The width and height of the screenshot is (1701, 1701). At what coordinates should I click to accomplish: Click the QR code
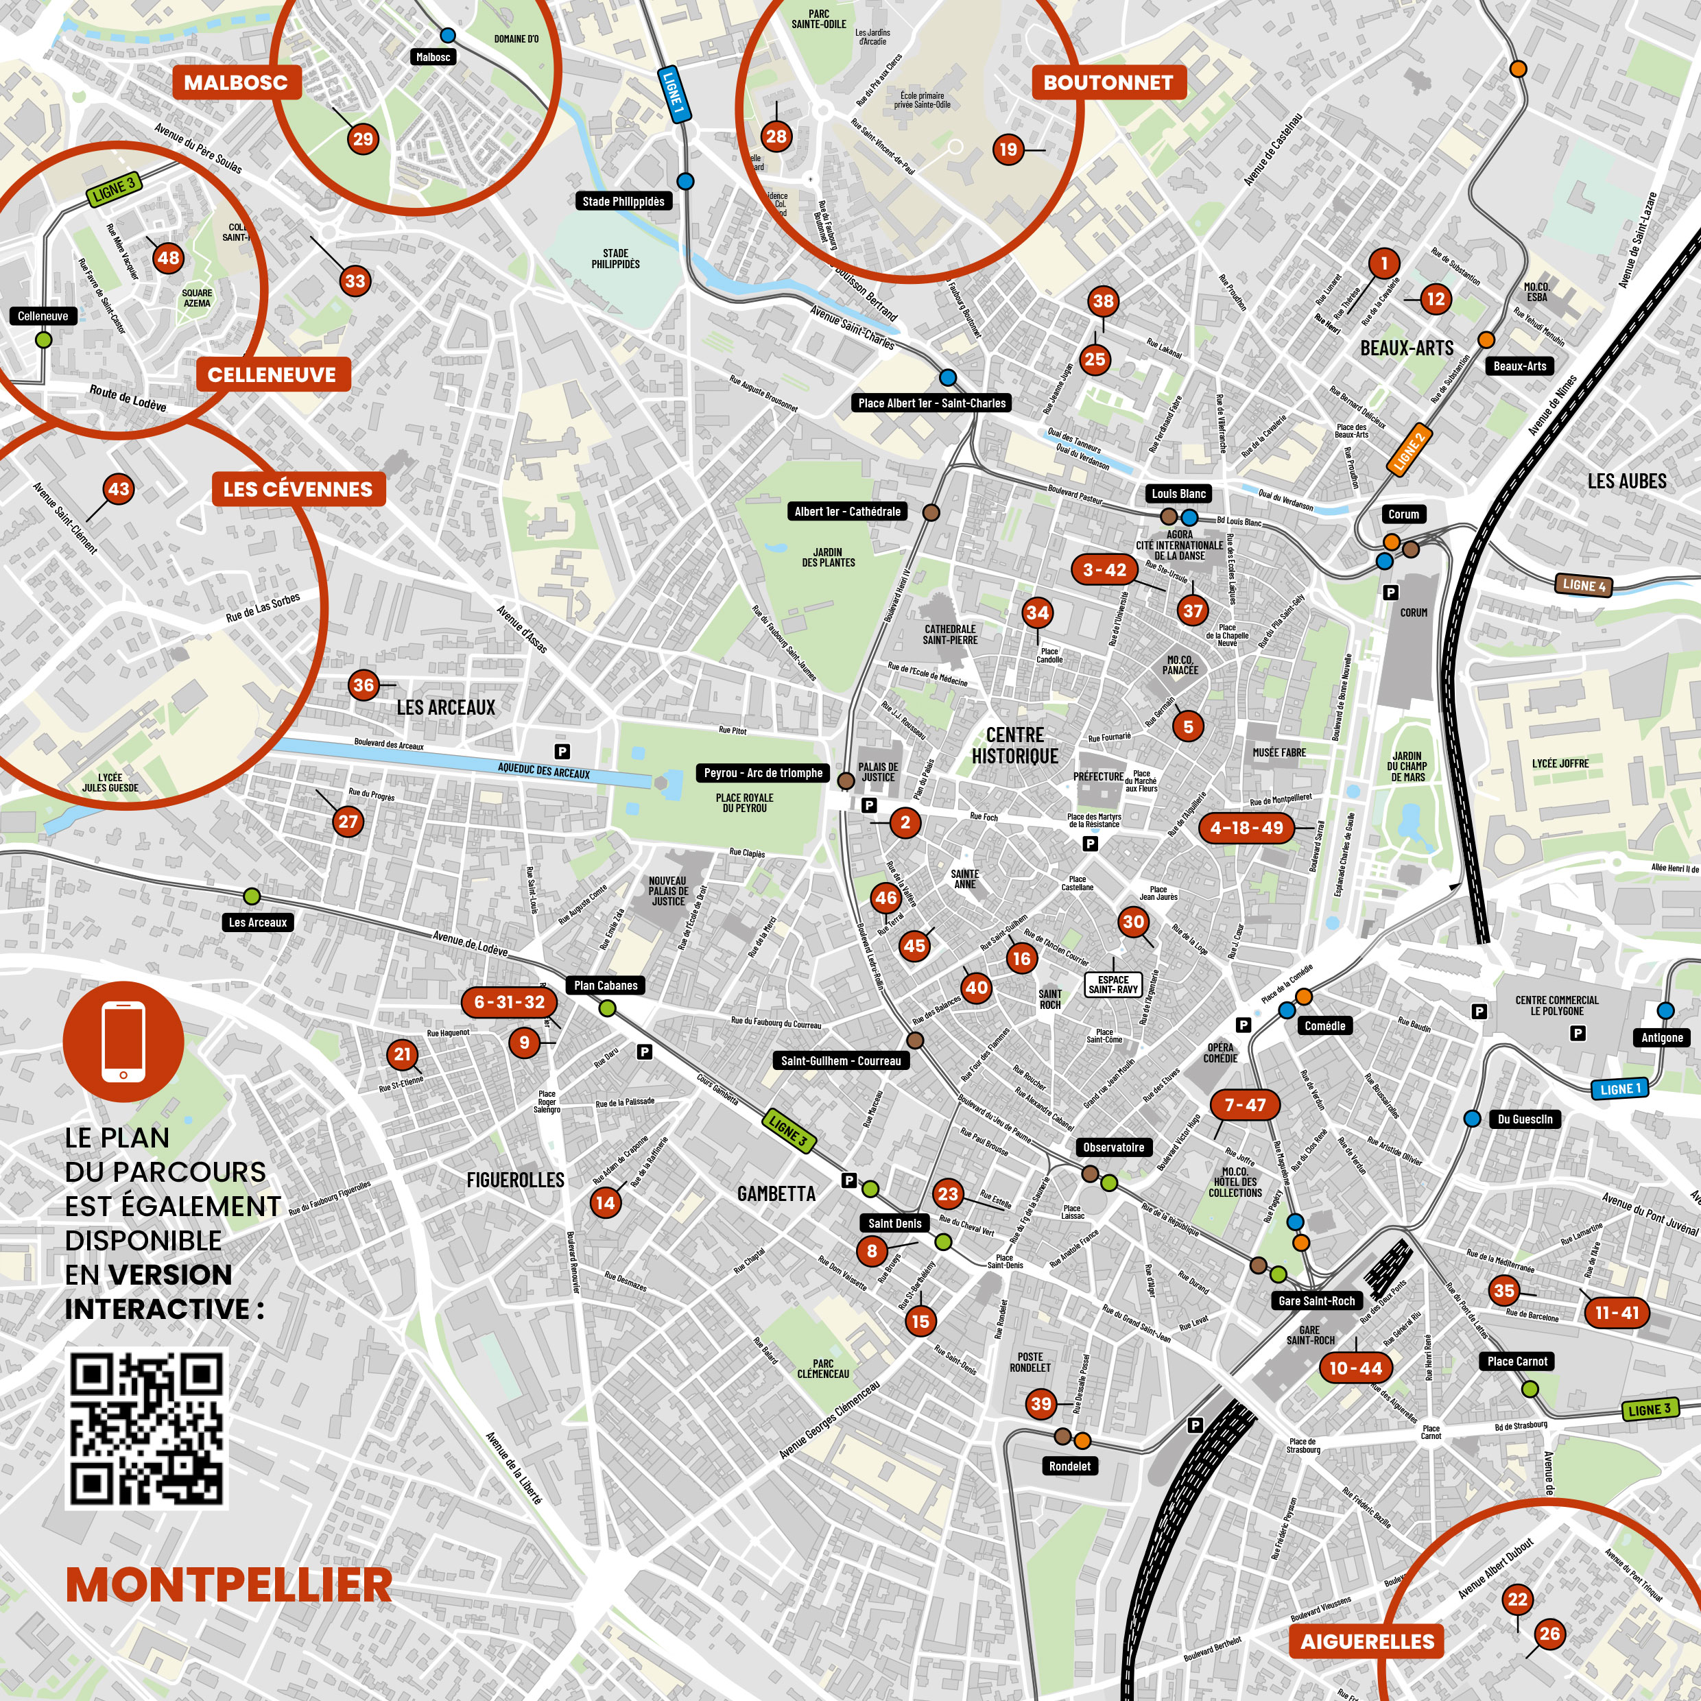[146, 1428]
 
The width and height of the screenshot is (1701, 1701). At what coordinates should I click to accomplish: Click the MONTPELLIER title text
[229, 1585]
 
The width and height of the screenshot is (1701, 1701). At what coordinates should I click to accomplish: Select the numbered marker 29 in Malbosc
[363, 139]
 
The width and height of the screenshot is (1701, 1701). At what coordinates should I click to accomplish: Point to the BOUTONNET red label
[1108, 83]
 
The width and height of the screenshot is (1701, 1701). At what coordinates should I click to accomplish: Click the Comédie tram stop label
[1324, 1025]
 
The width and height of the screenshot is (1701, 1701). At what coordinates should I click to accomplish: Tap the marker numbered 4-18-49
[1246, 828]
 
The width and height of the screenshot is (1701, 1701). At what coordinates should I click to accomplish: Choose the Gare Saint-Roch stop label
[1316, 1300]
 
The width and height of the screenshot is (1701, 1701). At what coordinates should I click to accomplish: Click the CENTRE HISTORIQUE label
[1014, 745]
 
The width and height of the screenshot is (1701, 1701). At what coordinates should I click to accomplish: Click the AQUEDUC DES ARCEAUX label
[543, 771]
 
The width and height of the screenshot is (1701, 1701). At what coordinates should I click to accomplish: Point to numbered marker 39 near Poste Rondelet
[1040, 1403]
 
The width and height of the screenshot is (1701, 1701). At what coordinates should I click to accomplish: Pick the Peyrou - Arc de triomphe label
[763, 773]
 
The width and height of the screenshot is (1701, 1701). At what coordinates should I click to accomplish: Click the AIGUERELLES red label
[1367, 1641]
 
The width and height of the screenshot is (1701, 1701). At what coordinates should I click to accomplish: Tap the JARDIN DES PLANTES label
[828, 558]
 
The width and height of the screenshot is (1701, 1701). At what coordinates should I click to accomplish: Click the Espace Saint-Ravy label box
[1113, 984]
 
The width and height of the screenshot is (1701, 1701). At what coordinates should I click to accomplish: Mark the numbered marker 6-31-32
[509, 1002]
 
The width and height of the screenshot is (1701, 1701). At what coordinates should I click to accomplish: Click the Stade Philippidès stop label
[623, 202]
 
